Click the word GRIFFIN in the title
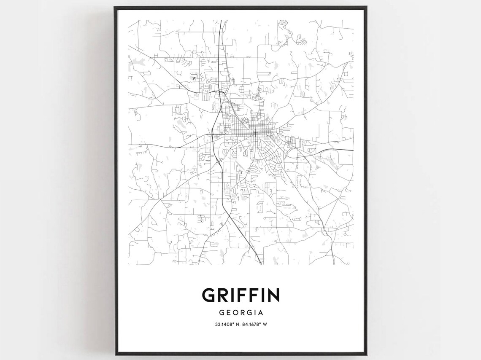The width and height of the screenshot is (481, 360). [x=240, y=295]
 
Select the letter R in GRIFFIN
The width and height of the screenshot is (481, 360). [x=224, y=295]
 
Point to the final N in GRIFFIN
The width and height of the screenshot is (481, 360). [x=273, y=295]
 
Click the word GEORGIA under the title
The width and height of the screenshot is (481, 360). [x=241, y=313]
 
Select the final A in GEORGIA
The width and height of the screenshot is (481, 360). [x=261, y=313]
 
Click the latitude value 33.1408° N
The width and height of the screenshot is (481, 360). [x=226, y=324]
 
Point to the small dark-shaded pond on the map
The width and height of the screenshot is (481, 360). [x=194, y=78]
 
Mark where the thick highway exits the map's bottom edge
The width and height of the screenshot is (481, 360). [x=261, y=264]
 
